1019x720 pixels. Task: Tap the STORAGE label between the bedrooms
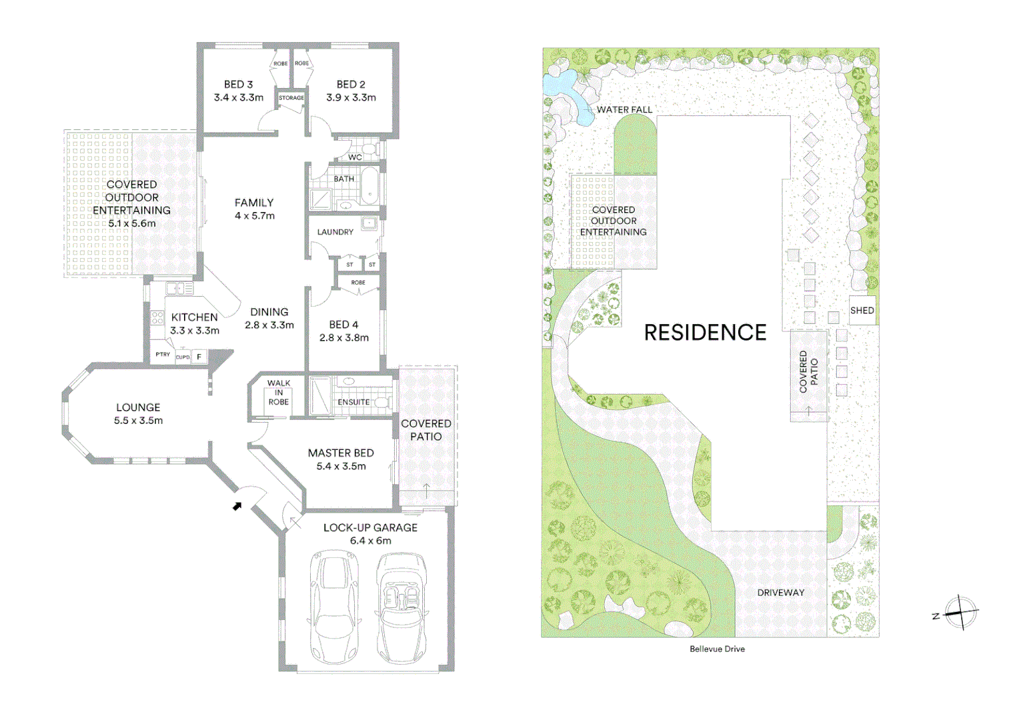tap(291, 98)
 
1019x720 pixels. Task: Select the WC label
tap(355, 157)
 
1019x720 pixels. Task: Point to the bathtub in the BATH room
tap(369, 186)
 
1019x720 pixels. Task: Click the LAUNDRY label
tap(335, 232)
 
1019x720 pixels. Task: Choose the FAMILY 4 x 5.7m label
tap(254, 209)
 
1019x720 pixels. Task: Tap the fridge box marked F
tap(199, 357)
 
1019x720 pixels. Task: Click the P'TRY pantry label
tap(163, 355)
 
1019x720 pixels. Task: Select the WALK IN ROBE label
tap(279, 393)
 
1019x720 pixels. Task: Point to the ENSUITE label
tap(353, 402)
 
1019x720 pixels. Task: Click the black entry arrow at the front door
tap(237, 507)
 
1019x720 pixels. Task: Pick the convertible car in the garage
tap(401, 608)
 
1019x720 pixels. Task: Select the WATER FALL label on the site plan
tap(624, 110)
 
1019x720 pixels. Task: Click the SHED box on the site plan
tap(862, 311)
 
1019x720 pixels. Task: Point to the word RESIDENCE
tap(705, 333)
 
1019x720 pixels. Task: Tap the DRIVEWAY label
tap(780, 593)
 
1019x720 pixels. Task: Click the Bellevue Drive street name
tap(717, 649)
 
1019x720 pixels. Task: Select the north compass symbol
tap(960, 611)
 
